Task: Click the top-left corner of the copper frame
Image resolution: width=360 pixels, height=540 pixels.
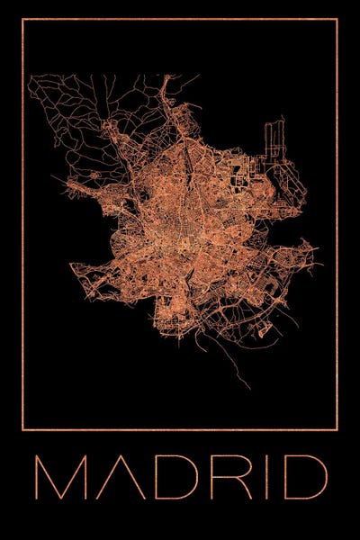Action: pos(22,19)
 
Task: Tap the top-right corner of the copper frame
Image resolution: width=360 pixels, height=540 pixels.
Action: pos(337,19)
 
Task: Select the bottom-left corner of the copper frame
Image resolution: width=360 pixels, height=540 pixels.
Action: pos(22,429)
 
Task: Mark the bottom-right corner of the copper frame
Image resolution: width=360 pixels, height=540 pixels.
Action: pos(337,429)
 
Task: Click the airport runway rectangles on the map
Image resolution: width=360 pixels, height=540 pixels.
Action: pos(274,144)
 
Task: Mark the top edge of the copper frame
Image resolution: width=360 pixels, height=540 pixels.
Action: pos(180,19)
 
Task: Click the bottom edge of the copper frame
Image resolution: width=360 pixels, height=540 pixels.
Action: pos(180,429)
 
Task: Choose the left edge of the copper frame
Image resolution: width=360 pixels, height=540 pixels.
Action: pos(22,225)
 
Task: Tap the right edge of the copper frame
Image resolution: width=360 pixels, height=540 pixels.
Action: pos(337,225)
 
